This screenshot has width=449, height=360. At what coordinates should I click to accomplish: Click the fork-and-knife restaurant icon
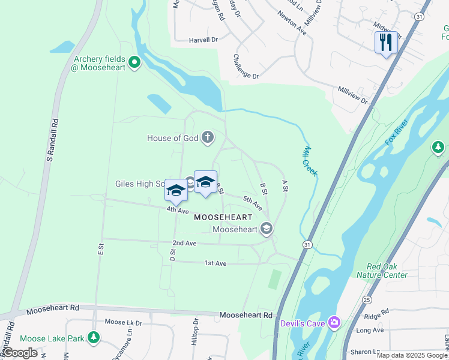coord(386,42)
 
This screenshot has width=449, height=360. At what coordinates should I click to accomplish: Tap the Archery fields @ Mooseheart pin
coord(135,61)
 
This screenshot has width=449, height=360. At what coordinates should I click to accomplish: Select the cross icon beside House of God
coord(207,137)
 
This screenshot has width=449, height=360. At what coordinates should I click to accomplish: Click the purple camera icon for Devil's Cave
coord(334,323)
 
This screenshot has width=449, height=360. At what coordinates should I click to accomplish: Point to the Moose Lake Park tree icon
coord(93,338)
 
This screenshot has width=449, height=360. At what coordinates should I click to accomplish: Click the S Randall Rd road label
coord(53,140)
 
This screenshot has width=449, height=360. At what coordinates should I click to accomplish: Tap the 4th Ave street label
coord(178,211)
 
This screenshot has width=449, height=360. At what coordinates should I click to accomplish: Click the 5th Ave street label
coord(252,202)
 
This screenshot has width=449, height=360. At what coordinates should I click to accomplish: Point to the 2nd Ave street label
coord(184,243)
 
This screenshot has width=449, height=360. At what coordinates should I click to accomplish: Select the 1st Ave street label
coord(215,263)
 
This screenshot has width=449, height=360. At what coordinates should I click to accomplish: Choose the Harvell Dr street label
coord(203,40)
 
